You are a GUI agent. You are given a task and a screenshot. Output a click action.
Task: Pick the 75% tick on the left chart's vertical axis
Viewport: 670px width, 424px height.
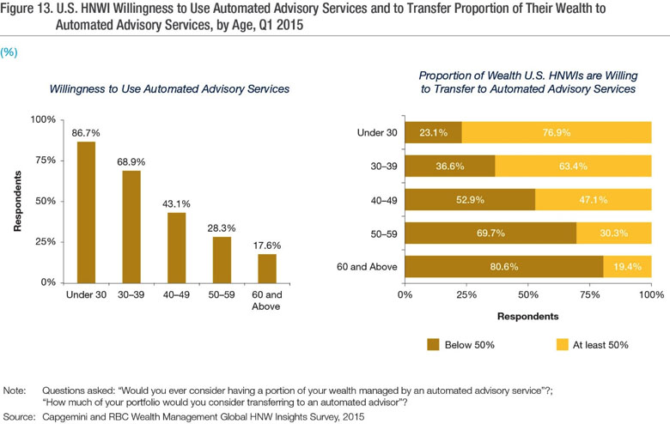[46, 161]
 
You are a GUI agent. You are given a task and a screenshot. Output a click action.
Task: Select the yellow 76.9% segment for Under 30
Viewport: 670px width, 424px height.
[557, 133]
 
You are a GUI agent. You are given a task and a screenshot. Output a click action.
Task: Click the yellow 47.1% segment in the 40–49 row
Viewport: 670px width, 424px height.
[593, 199]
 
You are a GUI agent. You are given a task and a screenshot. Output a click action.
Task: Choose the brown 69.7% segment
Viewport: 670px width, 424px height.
[490, 233]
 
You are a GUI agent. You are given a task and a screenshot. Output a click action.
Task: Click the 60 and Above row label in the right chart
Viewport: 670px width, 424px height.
[368, 266]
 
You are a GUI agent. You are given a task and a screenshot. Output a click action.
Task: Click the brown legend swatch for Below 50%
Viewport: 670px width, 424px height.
[435, 344]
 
